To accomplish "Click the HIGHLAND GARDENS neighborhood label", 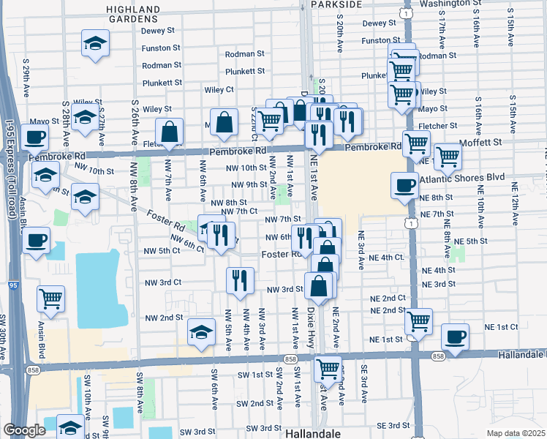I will (132, 14).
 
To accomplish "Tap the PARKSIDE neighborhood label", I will (336, 4).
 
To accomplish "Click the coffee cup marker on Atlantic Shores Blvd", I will (404, 185).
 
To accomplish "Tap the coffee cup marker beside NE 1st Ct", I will (455, 337).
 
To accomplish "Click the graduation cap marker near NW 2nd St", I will (201, 332).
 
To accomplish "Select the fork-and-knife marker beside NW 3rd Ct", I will (240, 279).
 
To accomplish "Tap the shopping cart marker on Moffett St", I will (447, 155).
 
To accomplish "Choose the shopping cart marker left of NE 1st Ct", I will (418, 320).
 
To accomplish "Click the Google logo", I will (23, 430).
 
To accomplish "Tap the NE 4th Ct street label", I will (387, 258).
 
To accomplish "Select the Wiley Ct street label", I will (219, 89).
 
